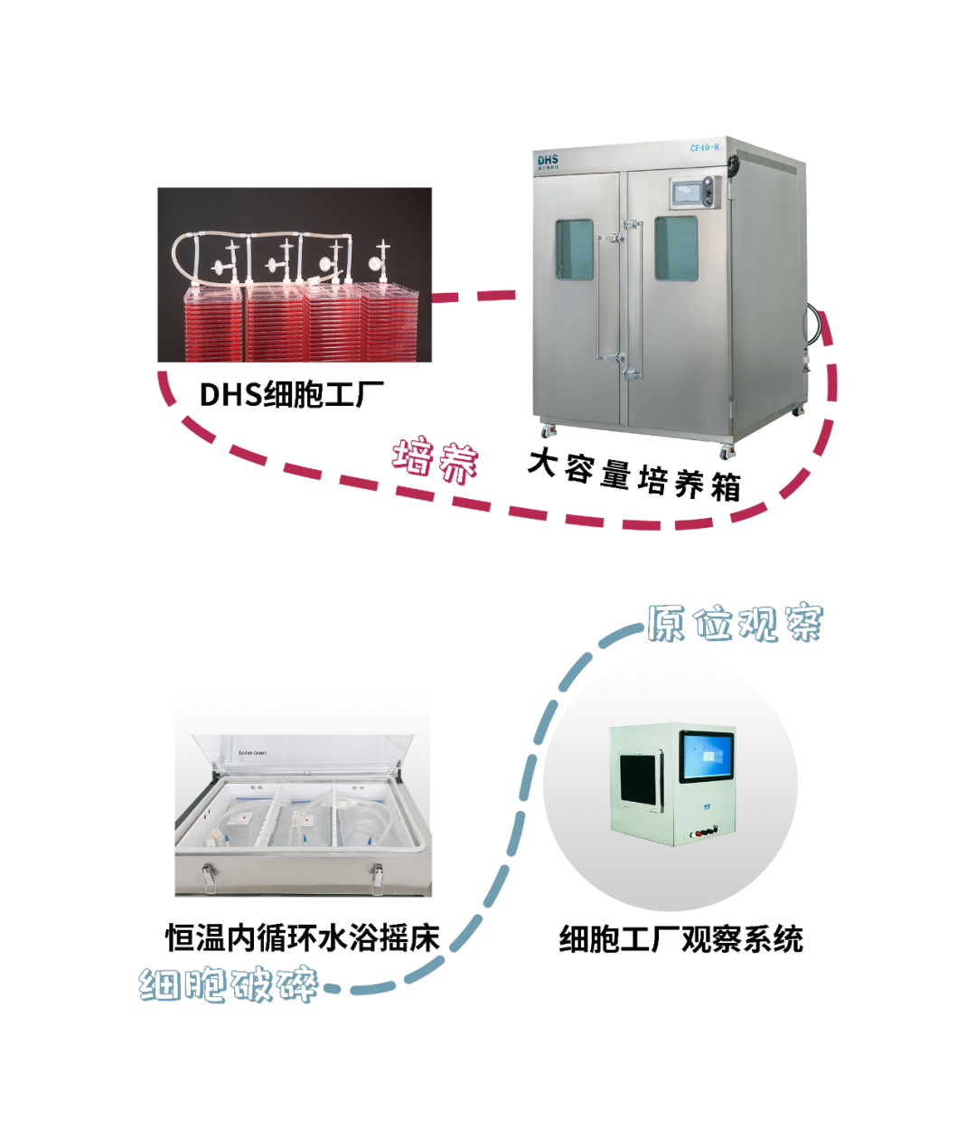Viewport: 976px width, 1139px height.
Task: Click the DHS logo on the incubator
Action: [548, 161]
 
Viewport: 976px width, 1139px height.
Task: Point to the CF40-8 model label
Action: [705, 147]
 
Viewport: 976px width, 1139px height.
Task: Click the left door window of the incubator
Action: [574, 249]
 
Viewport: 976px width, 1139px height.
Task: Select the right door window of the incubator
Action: [676, 248]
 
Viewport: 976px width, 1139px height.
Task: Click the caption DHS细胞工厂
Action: [291, 395]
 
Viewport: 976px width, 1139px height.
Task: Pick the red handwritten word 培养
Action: [436, 460]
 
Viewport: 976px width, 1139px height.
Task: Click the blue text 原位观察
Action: [734, 623]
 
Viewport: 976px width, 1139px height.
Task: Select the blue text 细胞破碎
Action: [229, 984]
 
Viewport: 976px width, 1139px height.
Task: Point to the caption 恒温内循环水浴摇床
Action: [302, 938]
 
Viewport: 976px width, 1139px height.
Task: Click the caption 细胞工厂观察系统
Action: [680, 939]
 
